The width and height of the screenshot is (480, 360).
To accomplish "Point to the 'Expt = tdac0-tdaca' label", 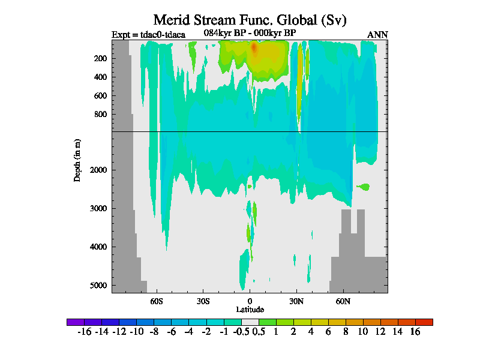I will (x=148, y=34).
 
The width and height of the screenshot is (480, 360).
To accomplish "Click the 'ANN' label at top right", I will (x=377, y=34).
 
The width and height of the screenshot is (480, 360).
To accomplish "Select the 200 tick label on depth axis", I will (x=100, y=58).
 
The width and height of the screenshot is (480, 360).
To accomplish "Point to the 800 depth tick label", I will (x=100, y=114).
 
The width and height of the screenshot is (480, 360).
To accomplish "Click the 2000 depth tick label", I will (x=98, y=170).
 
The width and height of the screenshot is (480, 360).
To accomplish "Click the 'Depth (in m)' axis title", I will (x=77, y=160).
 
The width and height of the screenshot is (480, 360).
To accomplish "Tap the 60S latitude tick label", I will (x=156, y=300).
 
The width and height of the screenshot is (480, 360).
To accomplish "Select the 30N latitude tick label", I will (x=296, y=300).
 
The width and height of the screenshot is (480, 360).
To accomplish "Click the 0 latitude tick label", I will (x=250, y=300).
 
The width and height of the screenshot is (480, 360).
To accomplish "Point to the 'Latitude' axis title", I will (x=250, y=309).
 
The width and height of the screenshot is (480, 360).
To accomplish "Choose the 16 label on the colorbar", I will (x=415, y=332).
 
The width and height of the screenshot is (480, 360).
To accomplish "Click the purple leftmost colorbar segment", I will (x=76, y=322).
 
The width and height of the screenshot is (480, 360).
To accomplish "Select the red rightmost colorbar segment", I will (x=424, y=322).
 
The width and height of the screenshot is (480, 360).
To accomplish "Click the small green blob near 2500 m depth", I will (x=362, y=187).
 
